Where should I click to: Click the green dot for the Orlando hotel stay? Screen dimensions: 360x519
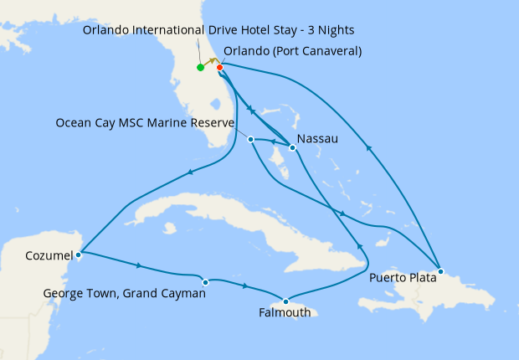pos(200,68)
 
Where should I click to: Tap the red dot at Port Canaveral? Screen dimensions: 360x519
pos(219,67)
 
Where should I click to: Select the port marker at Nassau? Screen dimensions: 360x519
pos(291,148)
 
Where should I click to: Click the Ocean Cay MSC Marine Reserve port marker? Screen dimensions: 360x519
pos(251,139)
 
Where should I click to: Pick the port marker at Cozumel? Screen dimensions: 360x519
pos(78,254)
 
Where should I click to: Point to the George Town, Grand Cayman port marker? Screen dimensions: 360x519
pos(206,282)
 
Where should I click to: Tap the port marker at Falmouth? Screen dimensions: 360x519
pos(286,301)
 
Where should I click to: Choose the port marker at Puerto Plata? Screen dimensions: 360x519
pos(441,271)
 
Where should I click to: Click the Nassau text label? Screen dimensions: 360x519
pos(318,139)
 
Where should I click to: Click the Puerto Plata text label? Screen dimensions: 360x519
pos(402,277)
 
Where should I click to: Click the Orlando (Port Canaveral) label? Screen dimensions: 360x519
pos(293,51)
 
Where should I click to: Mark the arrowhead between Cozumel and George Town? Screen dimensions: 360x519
pos(138,266)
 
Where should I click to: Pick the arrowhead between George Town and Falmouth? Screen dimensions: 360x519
pos(245,286)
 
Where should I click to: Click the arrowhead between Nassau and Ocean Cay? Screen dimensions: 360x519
pos(272,141)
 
